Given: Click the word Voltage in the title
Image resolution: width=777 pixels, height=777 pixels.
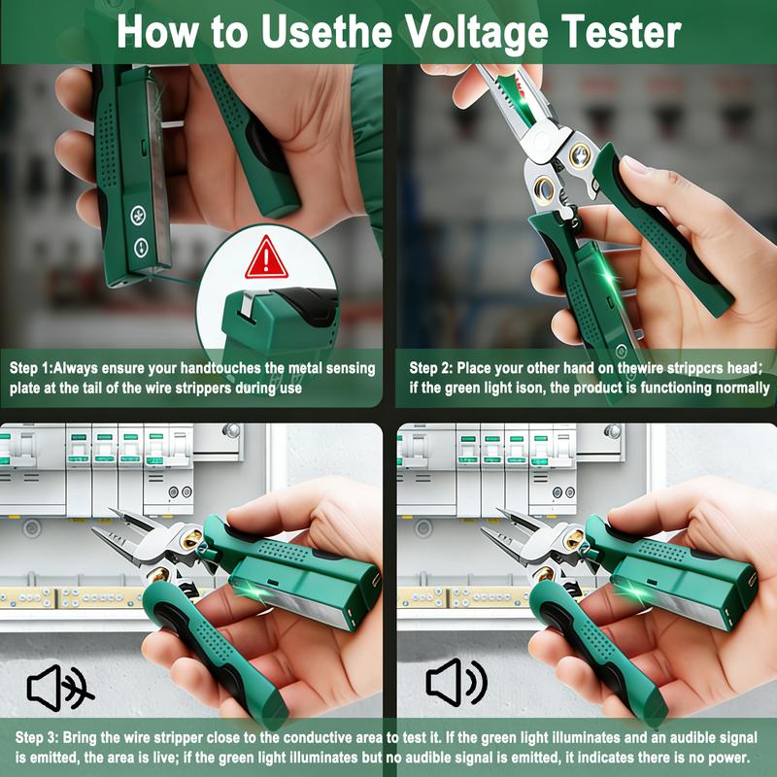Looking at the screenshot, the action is point(477,33).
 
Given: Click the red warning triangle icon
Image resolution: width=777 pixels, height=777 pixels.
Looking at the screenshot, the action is point(266,257).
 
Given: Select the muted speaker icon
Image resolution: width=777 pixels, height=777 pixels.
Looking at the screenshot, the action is point(60,689).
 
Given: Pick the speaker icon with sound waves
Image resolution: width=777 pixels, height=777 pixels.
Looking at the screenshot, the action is point(456,683).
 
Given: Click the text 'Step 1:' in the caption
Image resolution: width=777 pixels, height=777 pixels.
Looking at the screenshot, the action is point(31,368).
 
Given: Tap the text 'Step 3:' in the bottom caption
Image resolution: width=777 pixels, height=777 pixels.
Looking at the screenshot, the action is point(37,737).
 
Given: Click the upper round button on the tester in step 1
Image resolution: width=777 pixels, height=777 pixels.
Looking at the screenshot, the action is point(138,216).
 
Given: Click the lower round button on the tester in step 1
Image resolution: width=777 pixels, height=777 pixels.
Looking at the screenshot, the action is point(141,247).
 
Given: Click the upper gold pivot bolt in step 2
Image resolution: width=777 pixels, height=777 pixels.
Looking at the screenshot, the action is point(579,156).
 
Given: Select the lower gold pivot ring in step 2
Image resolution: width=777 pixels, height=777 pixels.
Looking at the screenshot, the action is point(545,190).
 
